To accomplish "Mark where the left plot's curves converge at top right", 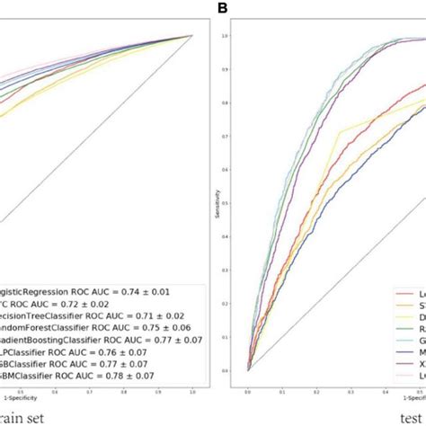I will pyautogui.click(x=192, y=36).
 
